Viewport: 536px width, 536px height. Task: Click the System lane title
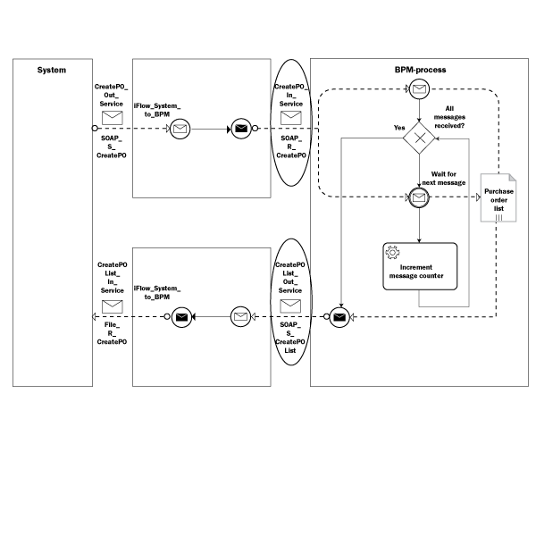(x=51, y=70)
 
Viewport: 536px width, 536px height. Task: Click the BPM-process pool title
(x=421, y=70)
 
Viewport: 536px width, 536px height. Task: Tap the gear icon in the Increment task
(x=391, y=253)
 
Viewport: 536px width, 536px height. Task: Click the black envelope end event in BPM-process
(x=339, y=316)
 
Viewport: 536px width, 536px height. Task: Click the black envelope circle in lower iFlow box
(x=181, y=316)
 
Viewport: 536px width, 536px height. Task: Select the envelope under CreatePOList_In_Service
(x=112, y=306)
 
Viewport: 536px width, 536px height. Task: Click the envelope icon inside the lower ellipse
(x=290, y=305)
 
